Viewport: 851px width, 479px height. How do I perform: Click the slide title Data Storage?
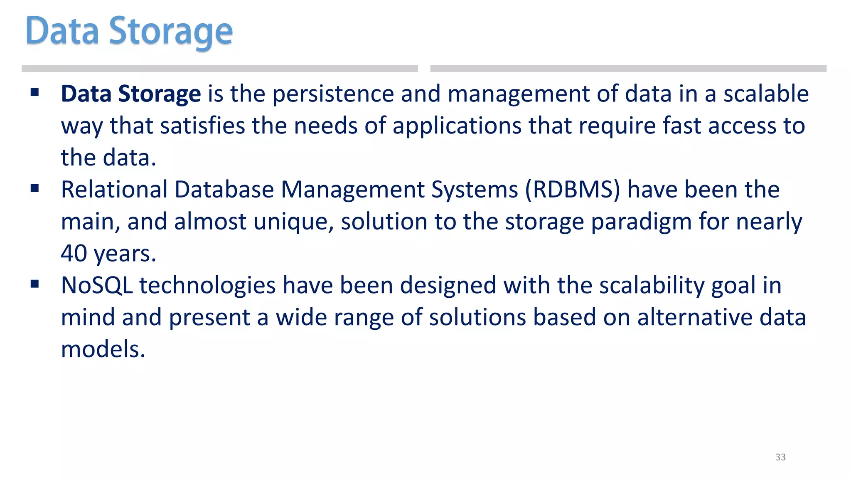129,31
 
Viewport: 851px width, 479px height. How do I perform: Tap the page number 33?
780,457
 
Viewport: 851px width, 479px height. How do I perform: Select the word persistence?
333,94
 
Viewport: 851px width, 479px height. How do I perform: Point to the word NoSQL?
97,286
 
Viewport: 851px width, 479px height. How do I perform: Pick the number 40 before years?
74,253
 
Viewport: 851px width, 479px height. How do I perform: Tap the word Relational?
114,190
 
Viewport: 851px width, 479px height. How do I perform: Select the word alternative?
695,317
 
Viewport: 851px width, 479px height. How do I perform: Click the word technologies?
207,286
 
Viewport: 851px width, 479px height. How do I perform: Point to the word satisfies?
202,126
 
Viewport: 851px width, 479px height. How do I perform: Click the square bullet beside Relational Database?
34,189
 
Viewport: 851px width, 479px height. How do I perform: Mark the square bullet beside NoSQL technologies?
34,284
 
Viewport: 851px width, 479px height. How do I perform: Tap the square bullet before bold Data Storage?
34,92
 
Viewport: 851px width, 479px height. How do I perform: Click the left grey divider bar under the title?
219,69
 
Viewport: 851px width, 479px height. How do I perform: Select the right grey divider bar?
628,69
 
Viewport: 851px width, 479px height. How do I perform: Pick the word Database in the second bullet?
224,190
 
